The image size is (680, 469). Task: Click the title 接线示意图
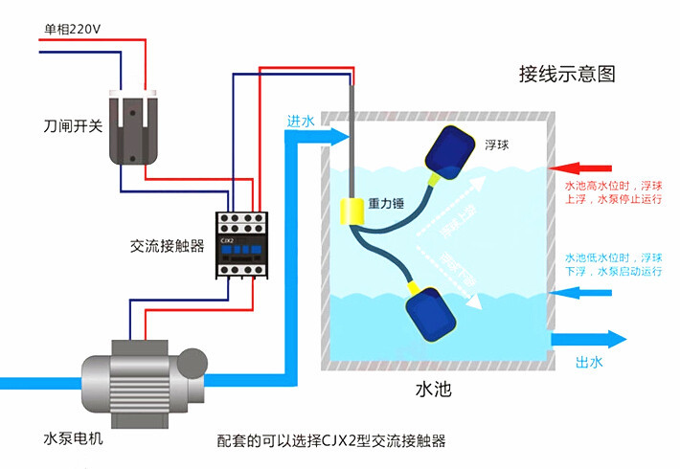[x=566, y=74]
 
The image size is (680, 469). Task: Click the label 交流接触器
[x=168, y=246]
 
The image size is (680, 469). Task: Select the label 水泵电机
[x=74, y=438]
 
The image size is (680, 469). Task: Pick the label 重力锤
[x=388, y=205]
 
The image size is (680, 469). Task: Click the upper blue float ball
[x=451, y=150]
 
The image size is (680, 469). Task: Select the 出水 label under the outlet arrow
[x=589, y=362]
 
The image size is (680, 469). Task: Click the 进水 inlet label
[x=300, y=122]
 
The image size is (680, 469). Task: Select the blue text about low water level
[x=613, y=265]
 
